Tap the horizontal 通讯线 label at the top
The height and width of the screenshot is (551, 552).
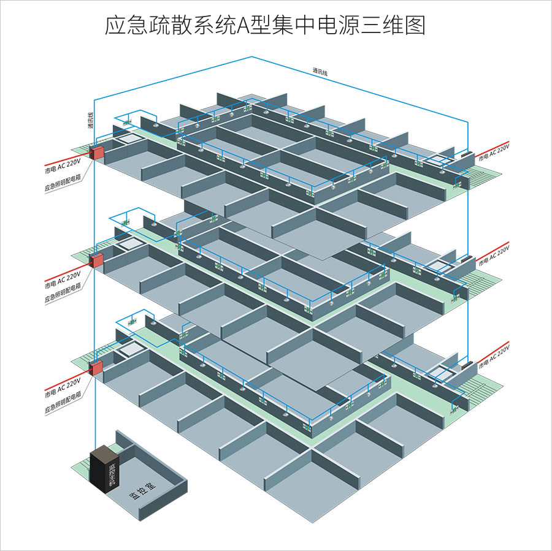coord(320,71)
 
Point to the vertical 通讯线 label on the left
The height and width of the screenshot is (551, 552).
coord(90,121)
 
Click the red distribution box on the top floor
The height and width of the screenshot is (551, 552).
coord(96,152)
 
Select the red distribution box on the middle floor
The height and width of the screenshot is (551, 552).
coord(96,260)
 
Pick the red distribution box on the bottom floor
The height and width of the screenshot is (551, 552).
coord(96,368)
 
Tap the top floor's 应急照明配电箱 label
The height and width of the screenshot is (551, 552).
coord(64,181)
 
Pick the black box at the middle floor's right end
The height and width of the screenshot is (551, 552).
coord(464,260)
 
